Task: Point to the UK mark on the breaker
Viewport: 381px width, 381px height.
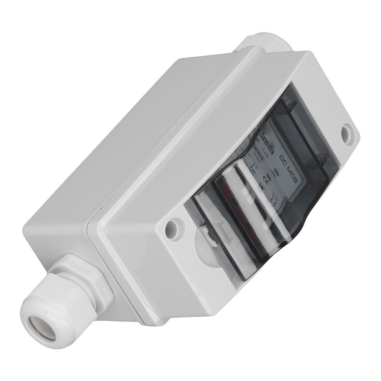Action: [261, 187]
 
